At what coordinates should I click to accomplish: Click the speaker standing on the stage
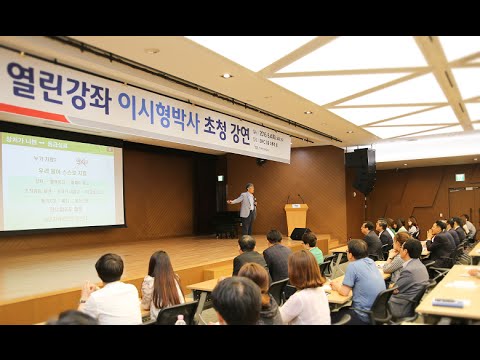click(x=246, y=206)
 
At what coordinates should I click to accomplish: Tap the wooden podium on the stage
click(x=296, y=218)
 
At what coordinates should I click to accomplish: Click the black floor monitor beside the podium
click(x=300, y=234)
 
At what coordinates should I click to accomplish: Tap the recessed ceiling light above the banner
click(x=226, y=76)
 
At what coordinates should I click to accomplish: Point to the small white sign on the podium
click(x=297, y=208)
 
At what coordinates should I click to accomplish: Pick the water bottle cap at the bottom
click(x=180, y=319)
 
